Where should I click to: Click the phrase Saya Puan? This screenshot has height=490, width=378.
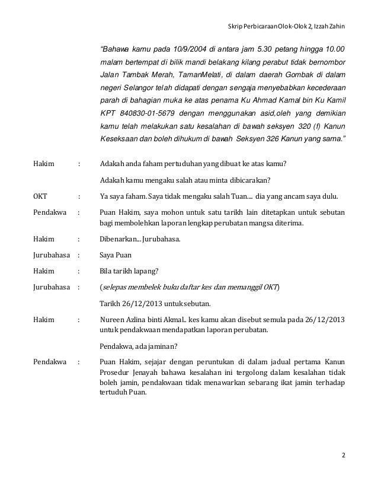117,256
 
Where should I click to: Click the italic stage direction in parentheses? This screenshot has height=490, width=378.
190,288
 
